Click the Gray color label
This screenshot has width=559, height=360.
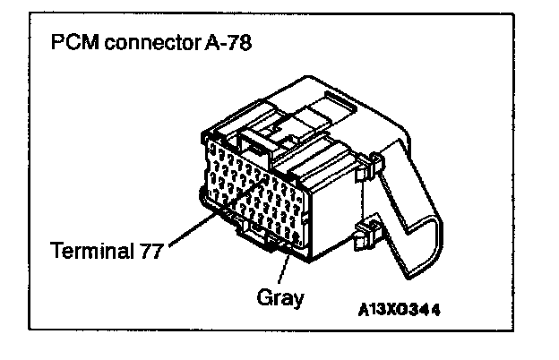(279, 296)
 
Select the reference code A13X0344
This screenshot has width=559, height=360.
(399, 309)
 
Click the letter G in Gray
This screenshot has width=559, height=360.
(262, 296)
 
